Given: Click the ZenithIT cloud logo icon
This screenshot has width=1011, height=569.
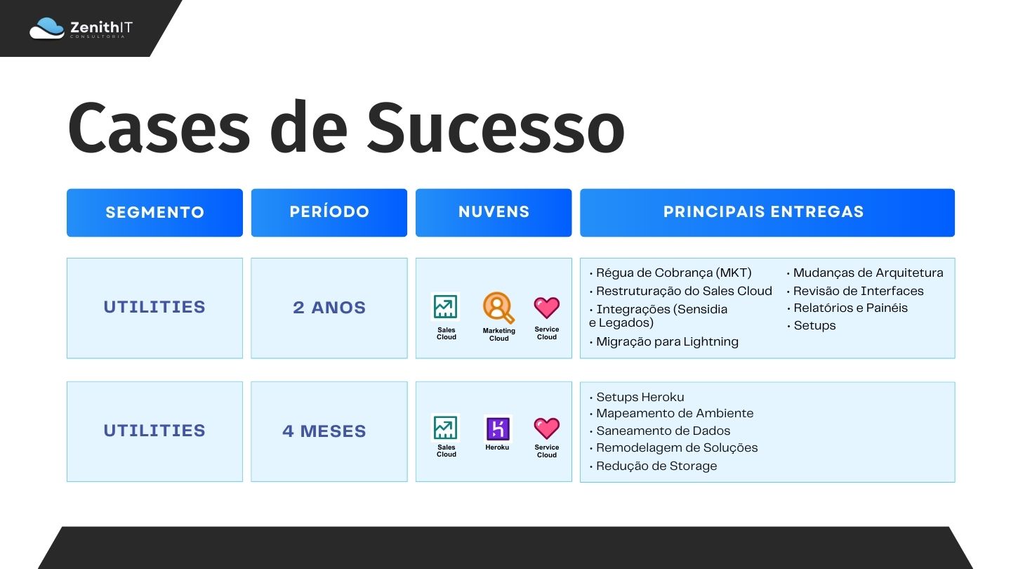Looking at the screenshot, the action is [47, 28].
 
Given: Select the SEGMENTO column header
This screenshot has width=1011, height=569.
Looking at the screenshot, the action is [154, 213].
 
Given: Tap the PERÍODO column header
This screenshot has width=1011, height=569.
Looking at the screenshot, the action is [329, 213].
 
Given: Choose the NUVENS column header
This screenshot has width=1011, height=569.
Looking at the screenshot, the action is [494, 213].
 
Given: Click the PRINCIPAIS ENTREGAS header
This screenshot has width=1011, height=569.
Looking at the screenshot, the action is [767, 213].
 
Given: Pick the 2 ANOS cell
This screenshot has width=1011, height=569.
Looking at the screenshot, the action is [329, 308].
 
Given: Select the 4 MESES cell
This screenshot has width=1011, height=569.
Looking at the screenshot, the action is [329, 432].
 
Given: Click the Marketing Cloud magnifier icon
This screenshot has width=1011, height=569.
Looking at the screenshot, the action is [498, 308].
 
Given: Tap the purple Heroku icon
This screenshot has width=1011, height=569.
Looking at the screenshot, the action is [497, 428].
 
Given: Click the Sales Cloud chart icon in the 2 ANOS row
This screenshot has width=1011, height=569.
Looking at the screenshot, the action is [445, 307].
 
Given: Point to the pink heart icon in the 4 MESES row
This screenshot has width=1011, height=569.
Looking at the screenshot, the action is [546, 428].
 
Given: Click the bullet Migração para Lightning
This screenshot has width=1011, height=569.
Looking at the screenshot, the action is [664, 342].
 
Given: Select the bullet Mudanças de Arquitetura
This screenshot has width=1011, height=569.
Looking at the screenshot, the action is [865, 273].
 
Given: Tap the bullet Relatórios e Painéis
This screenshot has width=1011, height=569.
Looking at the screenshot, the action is [847, 308].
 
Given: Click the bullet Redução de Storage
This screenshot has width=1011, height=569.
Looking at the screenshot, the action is [653, 466].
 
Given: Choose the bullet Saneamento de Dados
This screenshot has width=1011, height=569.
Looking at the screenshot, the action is [659, 431].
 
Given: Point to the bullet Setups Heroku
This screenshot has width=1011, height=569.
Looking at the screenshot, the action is [636, 397].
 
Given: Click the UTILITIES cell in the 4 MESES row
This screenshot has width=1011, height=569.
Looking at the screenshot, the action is [154, 432].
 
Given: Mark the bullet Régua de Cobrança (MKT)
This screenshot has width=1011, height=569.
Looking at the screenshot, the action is [670, 273].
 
